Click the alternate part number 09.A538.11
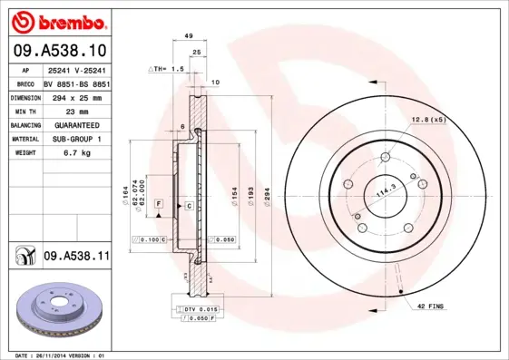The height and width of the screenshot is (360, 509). click(x=76, y=258)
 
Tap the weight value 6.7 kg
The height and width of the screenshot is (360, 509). click(x=75, y=153)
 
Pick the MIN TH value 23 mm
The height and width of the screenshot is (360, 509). click(x=76, y=110)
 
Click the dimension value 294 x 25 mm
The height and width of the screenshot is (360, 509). click(x=76, y=95)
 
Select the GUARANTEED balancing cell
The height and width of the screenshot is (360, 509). click(x=76, y=124)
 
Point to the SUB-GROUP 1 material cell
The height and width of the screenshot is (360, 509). click(x=76, y=139)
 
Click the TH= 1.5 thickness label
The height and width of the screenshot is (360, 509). click(x=166, y=68)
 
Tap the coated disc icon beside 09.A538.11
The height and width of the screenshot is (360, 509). click(x=22, y=258)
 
